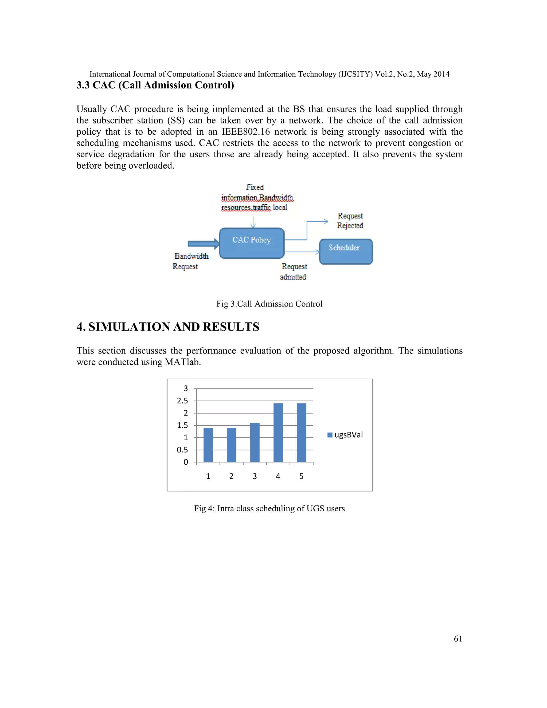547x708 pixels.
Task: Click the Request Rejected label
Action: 350,220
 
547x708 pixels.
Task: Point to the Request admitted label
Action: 294,271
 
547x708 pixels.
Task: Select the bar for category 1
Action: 208,445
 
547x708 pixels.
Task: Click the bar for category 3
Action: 255,442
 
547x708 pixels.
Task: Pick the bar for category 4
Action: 278,433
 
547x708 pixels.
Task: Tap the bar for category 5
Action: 301,433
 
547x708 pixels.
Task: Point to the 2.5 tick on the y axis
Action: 182,401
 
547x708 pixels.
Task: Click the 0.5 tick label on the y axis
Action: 182,450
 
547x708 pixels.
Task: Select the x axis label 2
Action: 231,476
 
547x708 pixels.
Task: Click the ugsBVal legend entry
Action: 345,435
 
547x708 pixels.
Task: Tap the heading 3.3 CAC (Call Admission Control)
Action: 155,85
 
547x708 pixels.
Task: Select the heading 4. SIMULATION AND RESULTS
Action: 168,326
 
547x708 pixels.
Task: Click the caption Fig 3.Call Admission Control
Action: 269,304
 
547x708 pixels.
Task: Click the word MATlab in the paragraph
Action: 182,362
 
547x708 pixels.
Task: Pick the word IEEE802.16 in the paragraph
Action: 246,132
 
